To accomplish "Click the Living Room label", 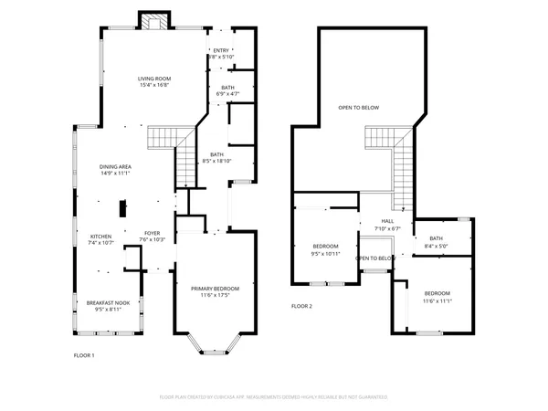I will point(153,79).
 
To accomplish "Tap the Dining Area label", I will point(115,167).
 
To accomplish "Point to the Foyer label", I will point(152,234).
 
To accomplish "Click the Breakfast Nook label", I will point(108,302).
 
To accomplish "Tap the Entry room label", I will point(221,51).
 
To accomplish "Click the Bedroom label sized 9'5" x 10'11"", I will point(326,247).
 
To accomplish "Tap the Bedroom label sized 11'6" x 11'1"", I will point(436,294).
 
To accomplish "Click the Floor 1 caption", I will point(83,354).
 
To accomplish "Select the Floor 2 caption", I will point(301,306).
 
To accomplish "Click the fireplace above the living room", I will point(153,21).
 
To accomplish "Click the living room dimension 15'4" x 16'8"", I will point(153,84).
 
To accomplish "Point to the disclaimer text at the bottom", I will point(274,397).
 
